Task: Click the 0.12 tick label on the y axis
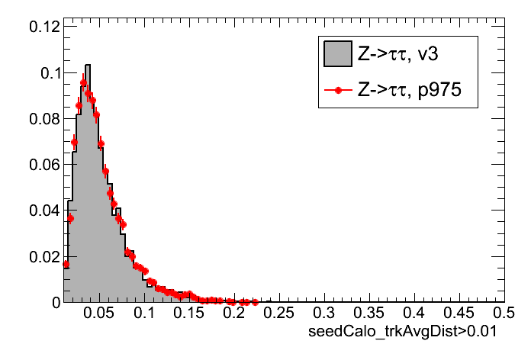point(43,27)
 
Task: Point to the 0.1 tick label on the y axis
point(48,73)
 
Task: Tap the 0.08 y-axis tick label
point(43,119)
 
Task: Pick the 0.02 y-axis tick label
point(43,256)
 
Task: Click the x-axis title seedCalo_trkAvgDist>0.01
point(407,336)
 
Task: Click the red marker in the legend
point(336,89)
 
